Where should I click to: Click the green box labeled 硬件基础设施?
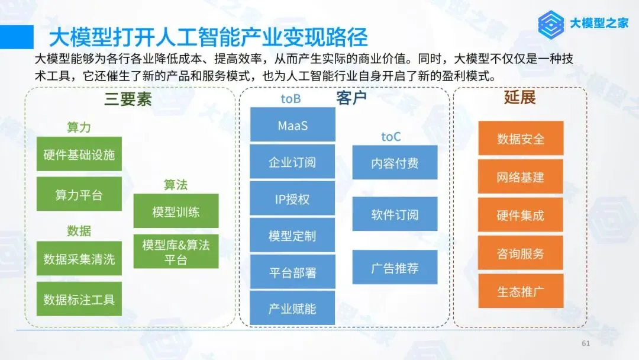(79, 155)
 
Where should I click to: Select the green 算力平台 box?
(79, 194)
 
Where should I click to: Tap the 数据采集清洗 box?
(79, 259)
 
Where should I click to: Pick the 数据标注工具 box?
(79, 299)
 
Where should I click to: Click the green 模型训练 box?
(176, 211)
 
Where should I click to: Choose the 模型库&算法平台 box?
(176, 252)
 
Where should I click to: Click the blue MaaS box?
(292, 125)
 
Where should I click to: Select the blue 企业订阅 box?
(292, 162)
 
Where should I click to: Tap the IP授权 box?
(292, 199)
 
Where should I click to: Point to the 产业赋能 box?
(292, 308)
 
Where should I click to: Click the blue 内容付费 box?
(395, 162)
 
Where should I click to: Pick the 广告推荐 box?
(395, 267)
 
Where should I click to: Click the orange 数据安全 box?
(520, 139)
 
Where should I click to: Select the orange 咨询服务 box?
(520, 253)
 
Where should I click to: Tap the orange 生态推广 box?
(520, 291)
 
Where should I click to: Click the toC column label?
(390, 137)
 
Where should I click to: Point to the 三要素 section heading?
(128, 99)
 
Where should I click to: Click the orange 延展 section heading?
(519, 98)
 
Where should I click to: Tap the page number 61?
(586, 343)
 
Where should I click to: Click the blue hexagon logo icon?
(552, 24)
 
